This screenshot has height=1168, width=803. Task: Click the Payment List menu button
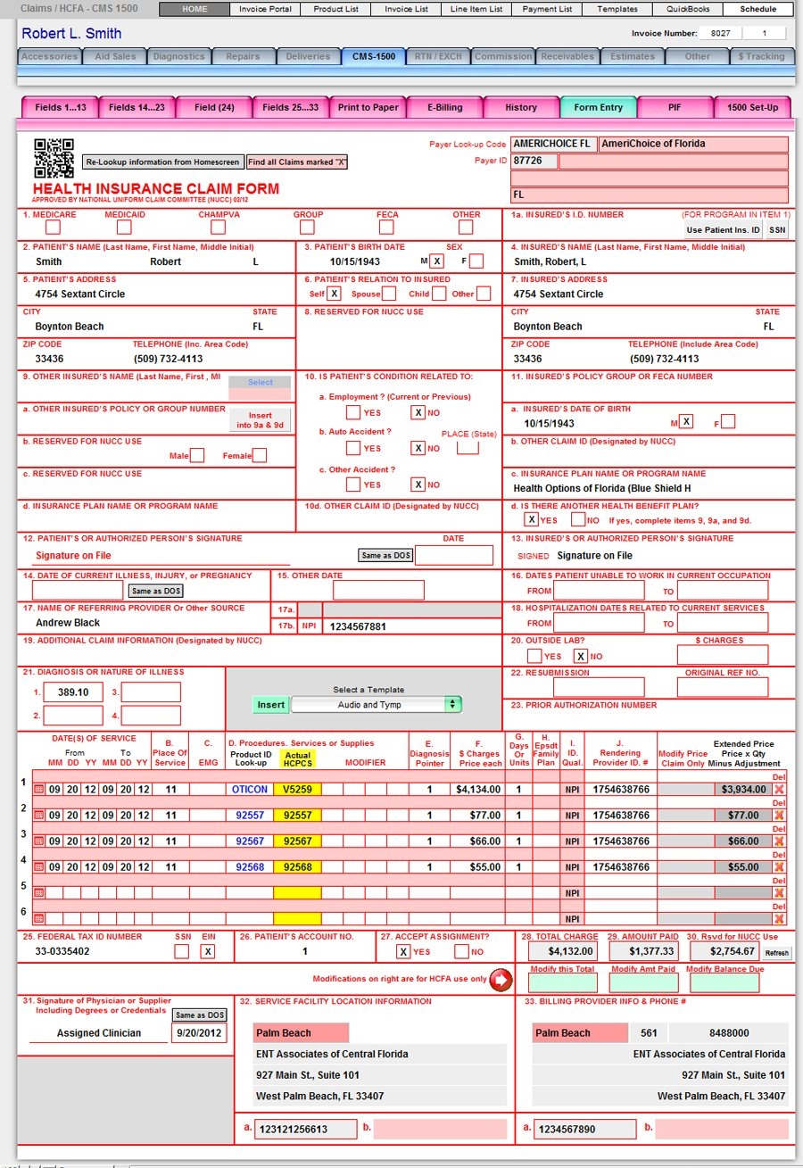pos(548,9)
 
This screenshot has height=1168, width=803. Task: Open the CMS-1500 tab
pos(374,56)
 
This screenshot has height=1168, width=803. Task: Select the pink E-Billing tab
pos(444,108)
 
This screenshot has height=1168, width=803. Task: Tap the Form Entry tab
pos(598,108)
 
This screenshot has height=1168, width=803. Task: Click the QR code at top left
pos(54,158)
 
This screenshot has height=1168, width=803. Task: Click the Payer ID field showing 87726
pos(534,162)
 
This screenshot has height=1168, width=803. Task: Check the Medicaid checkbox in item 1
pos(124,228)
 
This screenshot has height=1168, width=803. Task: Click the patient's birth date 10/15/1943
pos(354,261)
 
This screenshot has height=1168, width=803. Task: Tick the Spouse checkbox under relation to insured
pos(388,294)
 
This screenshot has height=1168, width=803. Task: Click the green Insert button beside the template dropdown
pos(270,705)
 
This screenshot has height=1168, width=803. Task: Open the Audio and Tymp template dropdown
pos(376,705)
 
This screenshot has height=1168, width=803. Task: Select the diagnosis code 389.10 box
pos(73,692)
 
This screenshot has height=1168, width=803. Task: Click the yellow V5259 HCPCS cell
pos(296,790)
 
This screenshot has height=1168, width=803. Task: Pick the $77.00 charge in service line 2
pos(481,816)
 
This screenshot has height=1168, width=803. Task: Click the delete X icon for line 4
pos(779,866)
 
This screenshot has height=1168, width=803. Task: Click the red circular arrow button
pos(501,980)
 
